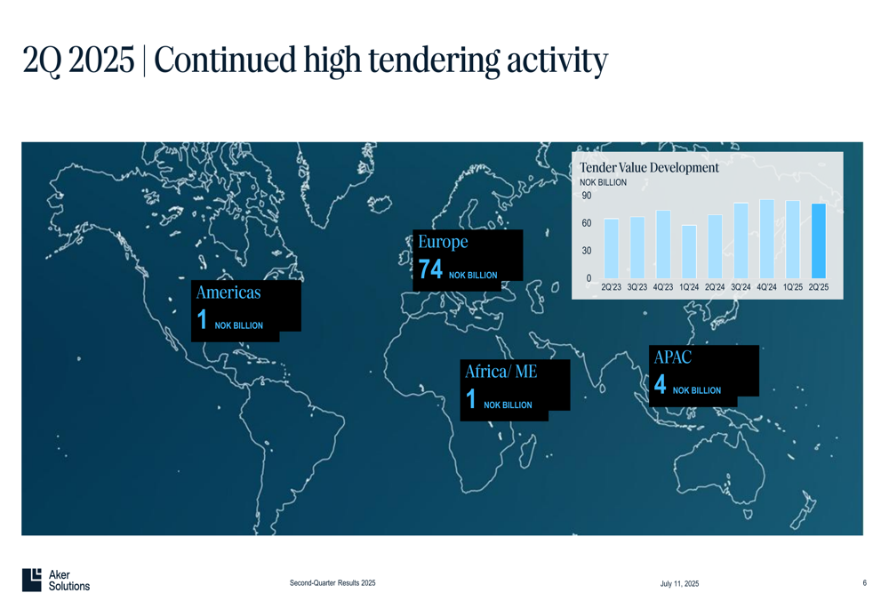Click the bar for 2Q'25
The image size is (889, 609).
pyautogui.click(x=819, y=241)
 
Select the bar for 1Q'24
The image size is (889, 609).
pyautogui.click(x=689, y=252)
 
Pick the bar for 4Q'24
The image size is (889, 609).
pyautogui.click(x=767, y=239)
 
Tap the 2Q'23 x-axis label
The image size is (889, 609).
pyautogui.click(x=612, y=287)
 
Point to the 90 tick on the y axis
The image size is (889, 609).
pyautogui.click(x=586, y=196)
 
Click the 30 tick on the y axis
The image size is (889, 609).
pyautogui.click(x=586, y=251)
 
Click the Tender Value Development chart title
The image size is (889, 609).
pyautogui.click(x=649, y=168)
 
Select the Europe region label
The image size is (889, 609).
pyautogui.click(x=443, y=242)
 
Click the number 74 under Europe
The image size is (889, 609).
pyautogui.click(x=430, y=269)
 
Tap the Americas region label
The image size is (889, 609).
pyautogui.click(x=228, y=292)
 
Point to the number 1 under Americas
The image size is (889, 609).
pyautogui.click(x=202, y=319)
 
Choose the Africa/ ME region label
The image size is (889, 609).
pyautogui.click(x=501, y=372)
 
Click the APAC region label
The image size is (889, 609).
pyautogui.click(x=672, y=357)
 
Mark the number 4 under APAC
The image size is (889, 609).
pyautogui.click(x=660, y=384)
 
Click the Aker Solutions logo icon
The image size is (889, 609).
pyautogui.click(x=32, y=580)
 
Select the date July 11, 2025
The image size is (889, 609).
pyautogui.click(x=679, y=583)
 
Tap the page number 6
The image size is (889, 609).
pyautogui.click(x=865, y=583)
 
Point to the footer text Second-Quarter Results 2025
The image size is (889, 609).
pyautogui.click(x=332, y=583)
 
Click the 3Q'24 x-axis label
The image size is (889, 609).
pyautogui.click(x=741, y=287)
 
